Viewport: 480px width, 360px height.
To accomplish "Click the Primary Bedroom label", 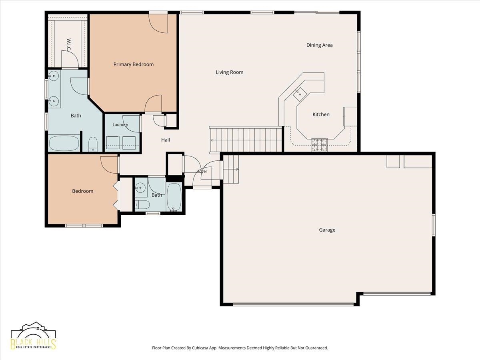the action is click(x=133, y=64).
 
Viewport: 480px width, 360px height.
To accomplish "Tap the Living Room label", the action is click(x=229, y=72).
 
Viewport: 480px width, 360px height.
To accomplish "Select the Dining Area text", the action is click(x=319, y=45).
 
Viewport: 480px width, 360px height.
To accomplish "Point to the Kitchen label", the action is click(x=321, y=114).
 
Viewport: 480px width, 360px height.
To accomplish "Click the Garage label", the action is click(x=327, y=230).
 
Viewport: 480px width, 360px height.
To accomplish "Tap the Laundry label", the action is click(x=120, y=124).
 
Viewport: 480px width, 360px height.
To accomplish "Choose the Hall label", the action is click(x=166, y=140).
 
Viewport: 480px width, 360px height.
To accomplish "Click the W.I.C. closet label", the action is click(x=68, y=45).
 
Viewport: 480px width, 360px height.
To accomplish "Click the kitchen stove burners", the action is click(x=319, y=145).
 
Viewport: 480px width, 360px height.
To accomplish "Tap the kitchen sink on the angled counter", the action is click(x=300, y=94).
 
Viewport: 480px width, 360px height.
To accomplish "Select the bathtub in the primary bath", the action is click(x=64, y=143).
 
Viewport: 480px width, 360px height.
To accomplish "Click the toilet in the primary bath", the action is click(x=93, y=144).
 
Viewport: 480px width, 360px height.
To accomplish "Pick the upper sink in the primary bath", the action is click(x=53, y=76).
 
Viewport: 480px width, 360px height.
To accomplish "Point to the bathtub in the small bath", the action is click(x=174, y=197).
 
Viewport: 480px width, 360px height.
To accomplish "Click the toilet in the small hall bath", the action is click(x=142, y=205).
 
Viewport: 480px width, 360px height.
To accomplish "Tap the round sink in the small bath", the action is click(x=140, y=187).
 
